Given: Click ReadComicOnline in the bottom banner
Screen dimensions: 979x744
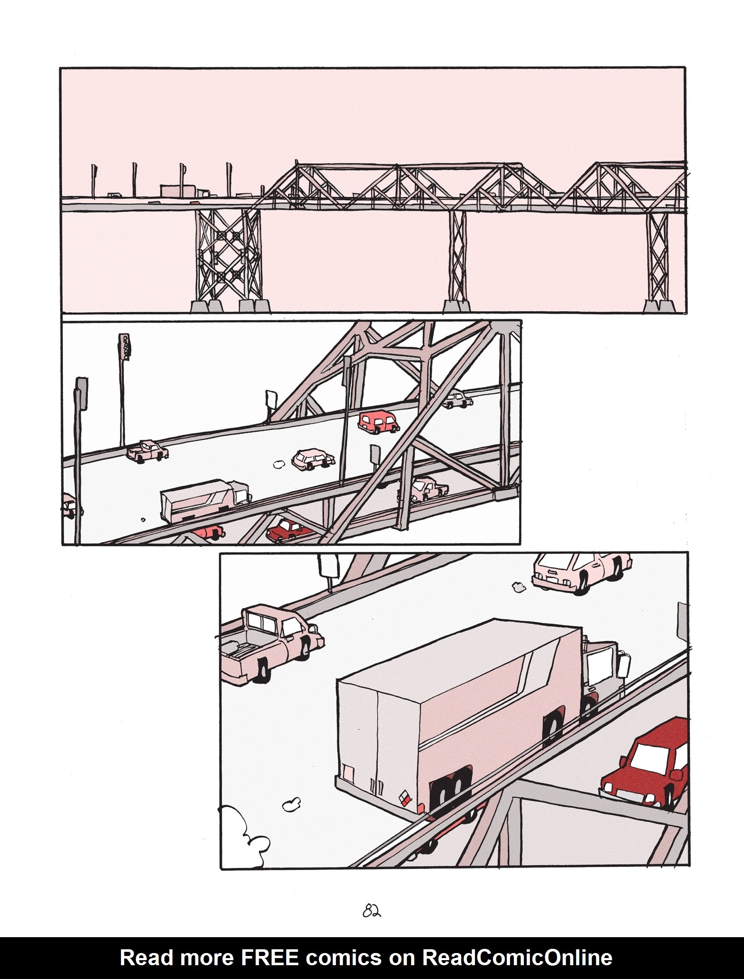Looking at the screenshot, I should click(x=517, y=958).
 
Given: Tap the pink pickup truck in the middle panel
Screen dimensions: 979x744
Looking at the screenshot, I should click(x=148, y=451).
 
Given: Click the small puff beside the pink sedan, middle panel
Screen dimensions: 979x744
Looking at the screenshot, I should click(x=279, y=464).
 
